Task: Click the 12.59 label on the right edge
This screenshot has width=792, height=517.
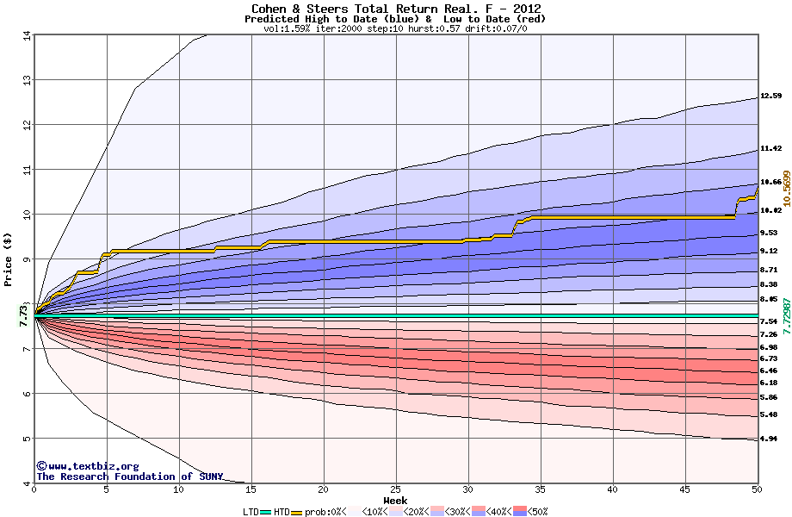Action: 770,96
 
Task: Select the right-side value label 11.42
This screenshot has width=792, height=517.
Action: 770,148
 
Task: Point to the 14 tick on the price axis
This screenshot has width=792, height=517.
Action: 27,35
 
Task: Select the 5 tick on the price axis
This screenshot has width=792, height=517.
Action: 27,439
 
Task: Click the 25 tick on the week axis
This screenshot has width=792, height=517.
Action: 395,490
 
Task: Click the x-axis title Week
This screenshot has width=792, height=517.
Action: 395,500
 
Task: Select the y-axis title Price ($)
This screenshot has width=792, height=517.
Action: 9,258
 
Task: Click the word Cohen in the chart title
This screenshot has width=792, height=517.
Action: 269,9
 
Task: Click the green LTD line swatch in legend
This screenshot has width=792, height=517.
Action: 265,512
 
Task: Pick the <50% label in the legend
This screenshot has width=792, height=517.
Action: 535,512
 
